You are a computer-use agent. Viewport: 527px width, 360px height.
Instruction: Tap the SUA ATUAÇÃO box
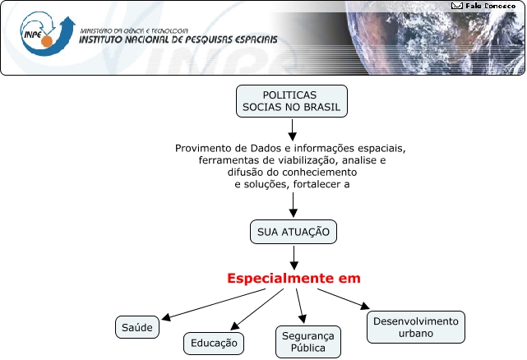(294, 233)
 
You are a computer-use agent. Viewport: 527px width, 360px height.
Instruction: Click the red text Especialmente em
(294, 279)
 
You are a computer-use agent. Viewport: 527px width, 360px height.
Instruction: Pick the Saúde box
(136, 327)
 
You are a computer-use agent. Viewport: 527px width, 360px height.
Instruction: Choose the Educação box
(214, 343)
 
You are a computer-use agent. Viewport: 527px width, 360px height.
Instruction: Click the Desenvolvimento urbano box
(416, 327)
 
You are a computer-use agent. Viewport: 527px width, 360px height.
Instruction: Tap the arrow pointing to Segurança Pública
(301, 307)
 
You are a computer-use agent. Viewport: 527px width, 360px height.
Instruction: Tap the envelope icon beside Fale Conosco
(457, 6)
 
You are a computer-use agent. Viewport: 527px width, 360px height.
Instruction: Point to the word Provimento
(202, 148)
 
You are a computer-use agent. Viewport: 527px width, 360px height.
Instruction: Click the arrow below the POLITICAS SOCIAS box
(292, 130)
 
